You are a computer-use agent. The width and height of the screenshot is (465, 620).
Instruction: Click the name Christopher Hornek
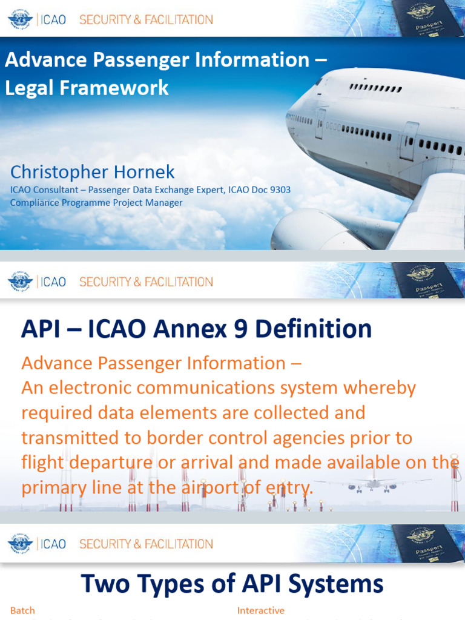pos(93,172)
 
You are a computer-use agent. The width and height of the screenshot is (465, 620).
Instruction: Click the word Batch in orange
pos(22,610)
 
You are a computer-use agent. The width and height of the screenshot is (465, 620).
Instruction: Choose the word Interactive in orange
pos(260,610)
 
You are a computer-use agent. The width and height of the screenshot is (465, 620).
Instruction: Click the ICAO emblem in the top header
pos(20,19)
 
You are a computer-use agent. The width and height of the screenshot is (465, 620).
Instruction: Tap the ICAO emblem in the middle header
pos(20,282)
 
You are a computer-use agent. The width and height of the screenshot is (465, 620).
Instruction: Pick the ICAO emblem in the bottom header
pos(20,544)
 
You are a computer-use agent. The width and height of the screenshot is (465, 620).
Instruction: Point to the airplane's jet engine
pos(315,230)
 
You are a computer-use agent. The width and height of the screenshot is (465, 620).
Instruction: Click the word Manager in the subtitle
pos(163,203)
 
